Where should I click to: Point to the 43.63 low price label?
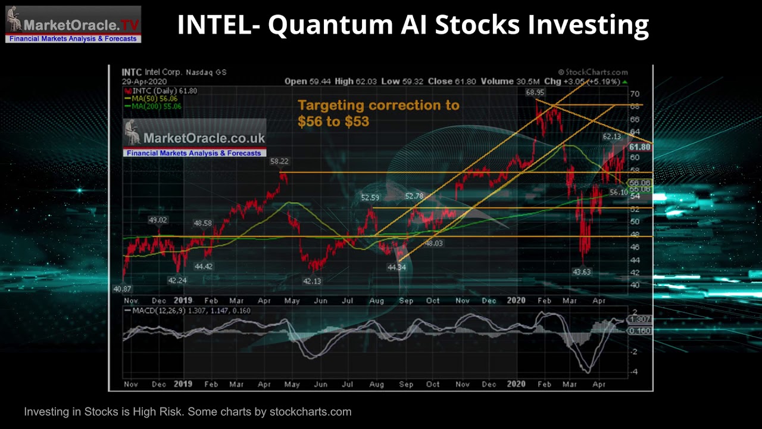click(x=582, y=272)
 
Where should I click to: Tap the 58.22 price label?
click(x=279, y=161)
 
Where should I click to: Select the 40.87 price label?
click(x=122, y=289)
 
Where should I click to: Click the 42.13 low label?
click(x=312, y=281)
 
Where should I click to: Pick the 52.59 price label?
click(x=370, y=198)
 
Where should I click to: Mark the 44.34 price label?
click(x=396, y=268)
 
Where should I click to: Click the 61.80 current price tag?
click(x=639, y=147)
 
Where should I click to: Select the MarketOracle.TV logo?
click(x=73, y=24)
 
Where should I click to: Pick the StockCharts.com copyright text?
click(x=593, y=72)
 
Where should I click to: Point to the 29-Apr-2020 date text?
click(x=144, y=81)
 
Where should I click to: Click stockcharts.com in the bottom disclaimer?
click(x=310, y=412)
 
